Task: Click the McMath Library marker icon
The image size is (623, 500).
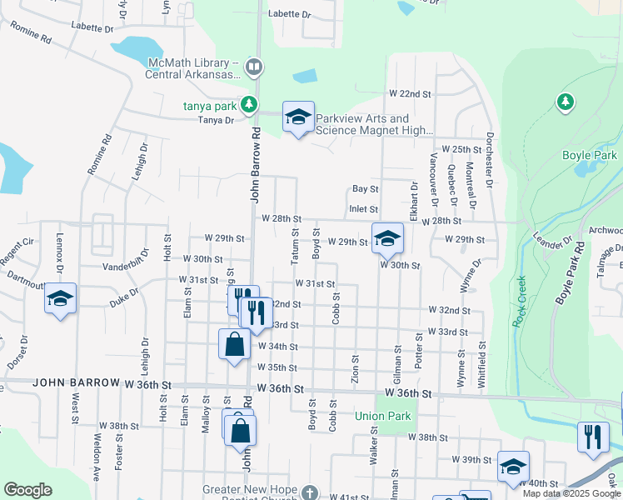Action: (x=254, y=66)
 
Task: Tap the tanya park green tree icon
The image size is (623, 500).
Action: (x=248, y=105)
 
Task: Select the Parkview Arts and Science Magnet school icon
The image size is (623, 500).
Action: (x=297, y=117)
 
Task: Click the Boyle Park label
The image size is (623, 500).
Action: (x=589, y=156)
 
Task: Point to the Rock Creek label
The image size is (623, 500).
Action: (x=520, y=301)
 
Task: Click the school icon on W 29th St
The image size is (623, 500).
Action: (x=386, y=239)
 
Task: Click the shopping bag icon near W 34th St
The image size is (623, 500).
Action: (x=234, y=344)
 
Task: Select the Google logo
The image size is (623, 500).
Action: (x=27, y=490)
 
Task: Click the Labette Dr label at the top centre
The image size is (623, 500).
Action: (x=289, y=14)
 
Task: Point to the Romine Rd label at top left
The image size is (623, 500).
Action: (x=31, y=32)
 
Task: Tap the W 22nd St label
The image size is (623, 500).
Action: (x=409, y=94)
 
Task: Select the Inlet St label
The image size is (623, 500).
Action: (x=364, y=209)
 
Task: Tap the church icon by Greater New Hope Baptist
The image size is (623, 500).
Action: (x=309, y=493)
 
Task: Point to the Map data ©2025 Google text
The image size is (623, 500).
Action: (x=571, y=493)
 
